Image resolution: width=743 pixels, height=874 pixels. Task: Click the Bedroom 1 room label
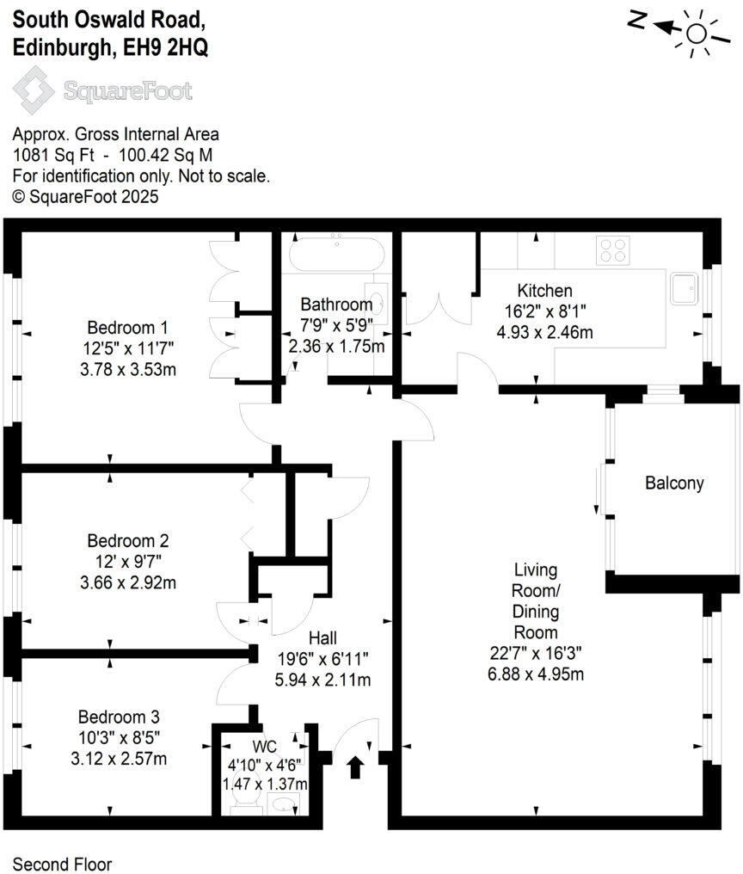point(127,328)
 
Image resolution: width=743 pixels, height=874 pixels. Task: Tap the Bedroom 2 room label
point(127,541)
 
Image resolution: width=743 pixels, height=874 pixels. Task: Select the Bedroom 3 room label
point(119,717)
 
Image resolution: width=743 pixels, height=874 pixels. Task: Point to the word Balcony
point(674,483)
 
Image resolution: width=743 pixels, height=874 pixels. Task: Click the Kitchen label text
point(544,291)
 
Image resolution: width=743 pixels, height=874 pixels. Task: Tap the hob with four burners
point(612,249)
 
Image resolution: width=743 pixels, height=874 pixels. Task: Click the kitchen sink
point(685,289)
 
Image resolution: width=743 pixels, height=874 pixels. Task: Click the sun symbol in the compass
point(696,34)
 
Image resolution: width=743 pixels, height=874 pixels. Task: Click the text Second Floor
point(62,864)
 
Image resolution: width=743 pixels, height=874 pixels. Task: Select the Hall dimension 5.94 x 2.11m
point(323,680)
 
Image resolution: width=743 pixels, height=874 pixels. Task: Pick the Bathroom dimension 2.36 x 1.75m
point(335,347)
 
